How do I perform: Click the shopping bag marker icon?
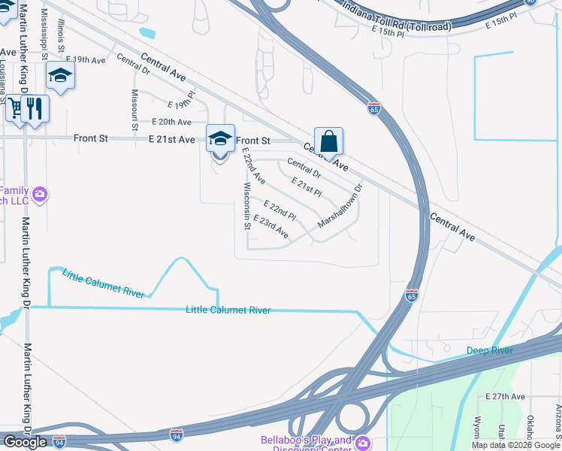pos(328,141)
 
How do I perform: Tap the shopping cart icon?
pos(16,108)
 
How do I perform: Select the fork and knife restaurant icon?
pos(35,108)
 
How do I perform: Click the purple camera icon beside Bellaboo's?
pos(363,443)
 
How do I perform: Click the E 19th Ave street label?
pos(86,59)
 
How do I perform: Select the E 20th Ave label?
pos(171,122)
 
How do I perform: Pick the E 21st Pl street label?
pos(307,187)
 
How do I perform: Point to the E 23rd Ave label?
pos(271,226)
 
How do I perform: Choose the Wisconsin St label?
pos(246,205)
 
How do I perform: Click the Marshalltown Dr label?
pos(340,206)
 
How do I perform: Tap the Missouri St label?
pos(134,110)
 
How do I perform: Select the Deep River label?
pos(489,350)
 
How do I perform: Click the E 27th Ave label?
pos(505,396)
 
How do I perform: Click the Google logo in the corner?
pos(25,442)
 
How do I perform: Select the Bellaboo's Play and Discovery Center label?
pos(306,444)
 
